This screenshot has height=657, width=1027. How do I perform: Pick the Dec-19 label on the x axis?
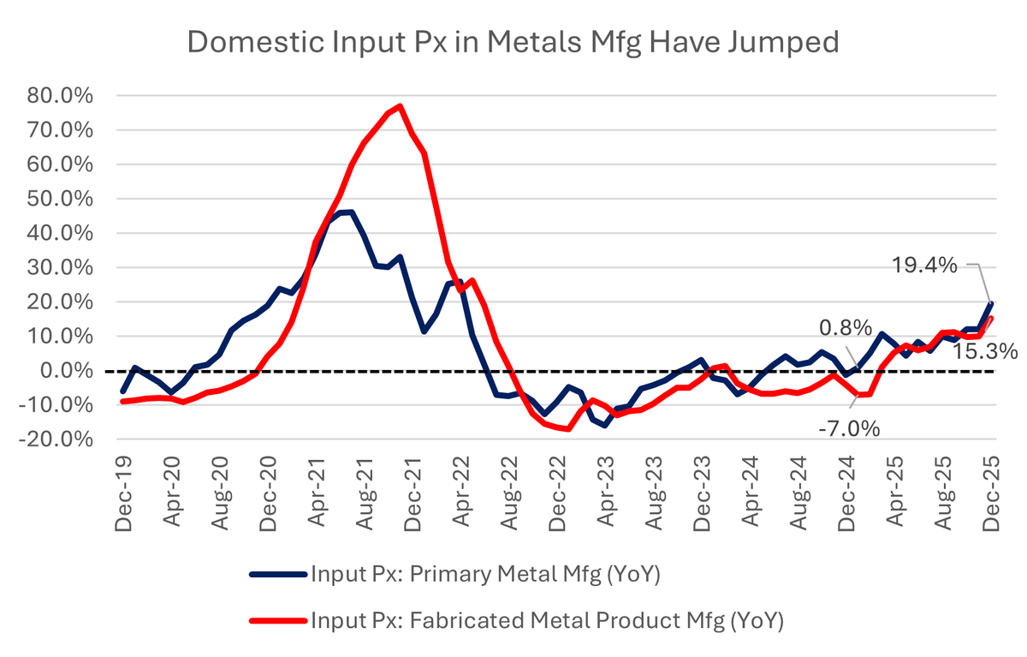tap(124, 494)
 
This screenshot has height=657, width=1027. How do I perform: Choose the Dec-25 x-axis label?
tap(990, 494)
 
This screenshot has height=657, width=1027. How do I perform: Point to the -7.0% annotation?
tap(849, 427)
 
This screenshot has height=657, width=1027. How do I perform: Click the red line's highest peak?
tap(400, 106)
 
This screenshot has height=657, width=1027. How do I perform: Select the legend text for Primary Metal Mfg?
tap(484, 575)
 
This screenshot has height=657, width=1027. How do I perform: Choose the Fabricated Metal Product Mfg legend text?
tap(548, 618)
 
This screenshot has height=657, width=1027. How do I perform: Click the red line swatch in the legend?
tap(276, 619)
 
